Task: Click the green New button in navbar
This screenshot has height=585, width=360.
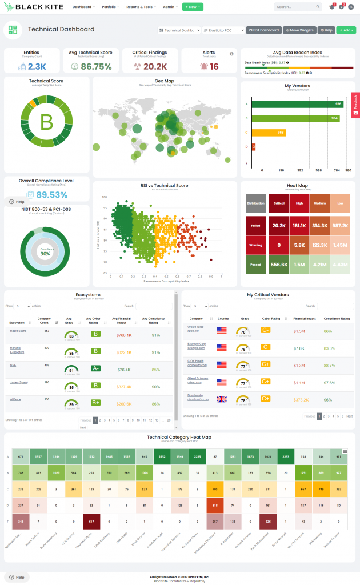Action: point(193,7)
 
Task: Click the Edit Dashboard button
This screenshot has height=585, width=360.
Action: point(263,30)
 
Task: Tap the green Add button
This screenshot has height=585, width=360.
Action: point(346,30)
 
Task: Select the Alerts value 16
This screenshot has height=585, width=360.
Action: point(214,67)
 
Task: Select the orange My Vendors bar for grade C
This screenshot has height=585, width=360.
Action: point(269,132)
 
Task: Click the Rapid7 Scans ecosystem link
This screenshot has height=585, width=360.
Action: point(17,331)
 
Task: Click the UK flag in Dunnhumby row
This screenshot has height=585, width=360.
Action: point(222,398)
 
